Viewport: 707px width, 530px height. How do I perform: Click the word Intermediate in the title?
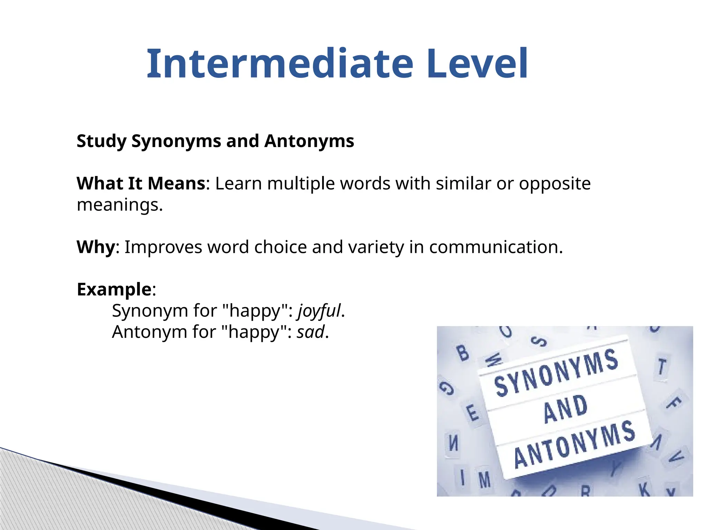(280, 64)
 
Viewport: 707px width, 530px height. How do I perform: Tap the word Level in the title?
(477, 64)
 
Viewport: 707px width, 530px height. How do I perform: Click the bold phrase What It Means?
(141, 183)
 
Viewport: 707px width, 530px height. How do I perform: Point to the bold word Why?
(96, 247)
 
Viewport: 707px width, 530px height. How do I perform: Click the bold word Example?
(114, 289)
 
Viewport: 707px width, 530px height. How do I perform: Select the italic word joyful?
(319, 311)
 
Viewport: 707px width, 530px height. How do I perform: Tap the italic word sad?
(311, 332)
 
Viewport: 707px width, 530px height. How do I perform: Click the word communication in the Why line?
(495, 247)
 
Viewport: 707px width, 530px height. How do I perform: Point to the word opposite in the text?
(555, 183)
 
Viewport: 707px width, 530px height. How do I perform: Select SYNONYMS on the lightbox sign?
(556, 373)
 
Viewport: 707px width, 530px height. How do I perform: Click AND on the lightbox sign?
(565, 409)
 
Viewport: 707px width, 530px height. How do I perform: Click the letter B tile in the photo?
(463, 353)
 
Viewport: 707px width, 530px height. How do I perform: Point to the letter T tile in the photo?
(661, 366)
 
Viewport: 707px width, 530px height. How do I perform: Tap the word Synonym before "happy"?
(150, 311)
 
